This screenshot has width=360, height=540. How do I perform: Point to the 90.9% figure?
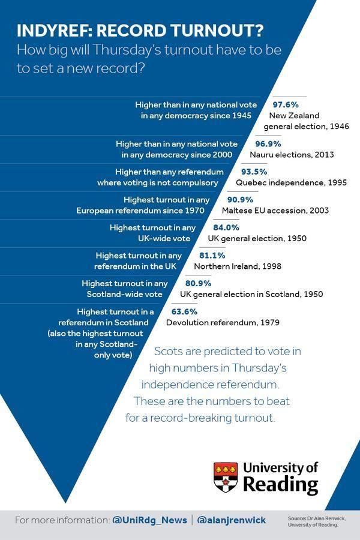pyautogui.click(x=240, y=200)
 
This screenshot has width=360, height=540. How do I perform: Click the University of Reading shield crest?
pyautogui.click(x=225, y=478)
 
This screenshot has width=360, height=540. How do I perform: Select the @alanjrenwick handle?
pyautogui.click(x=231, y=520)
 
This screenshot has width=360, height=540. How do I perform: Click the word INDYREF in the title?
pyautogui.click(x=50, y=31)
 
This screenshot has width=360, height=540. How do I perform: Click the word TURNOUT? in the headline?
pyautogui.click(x=225, y=31)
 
